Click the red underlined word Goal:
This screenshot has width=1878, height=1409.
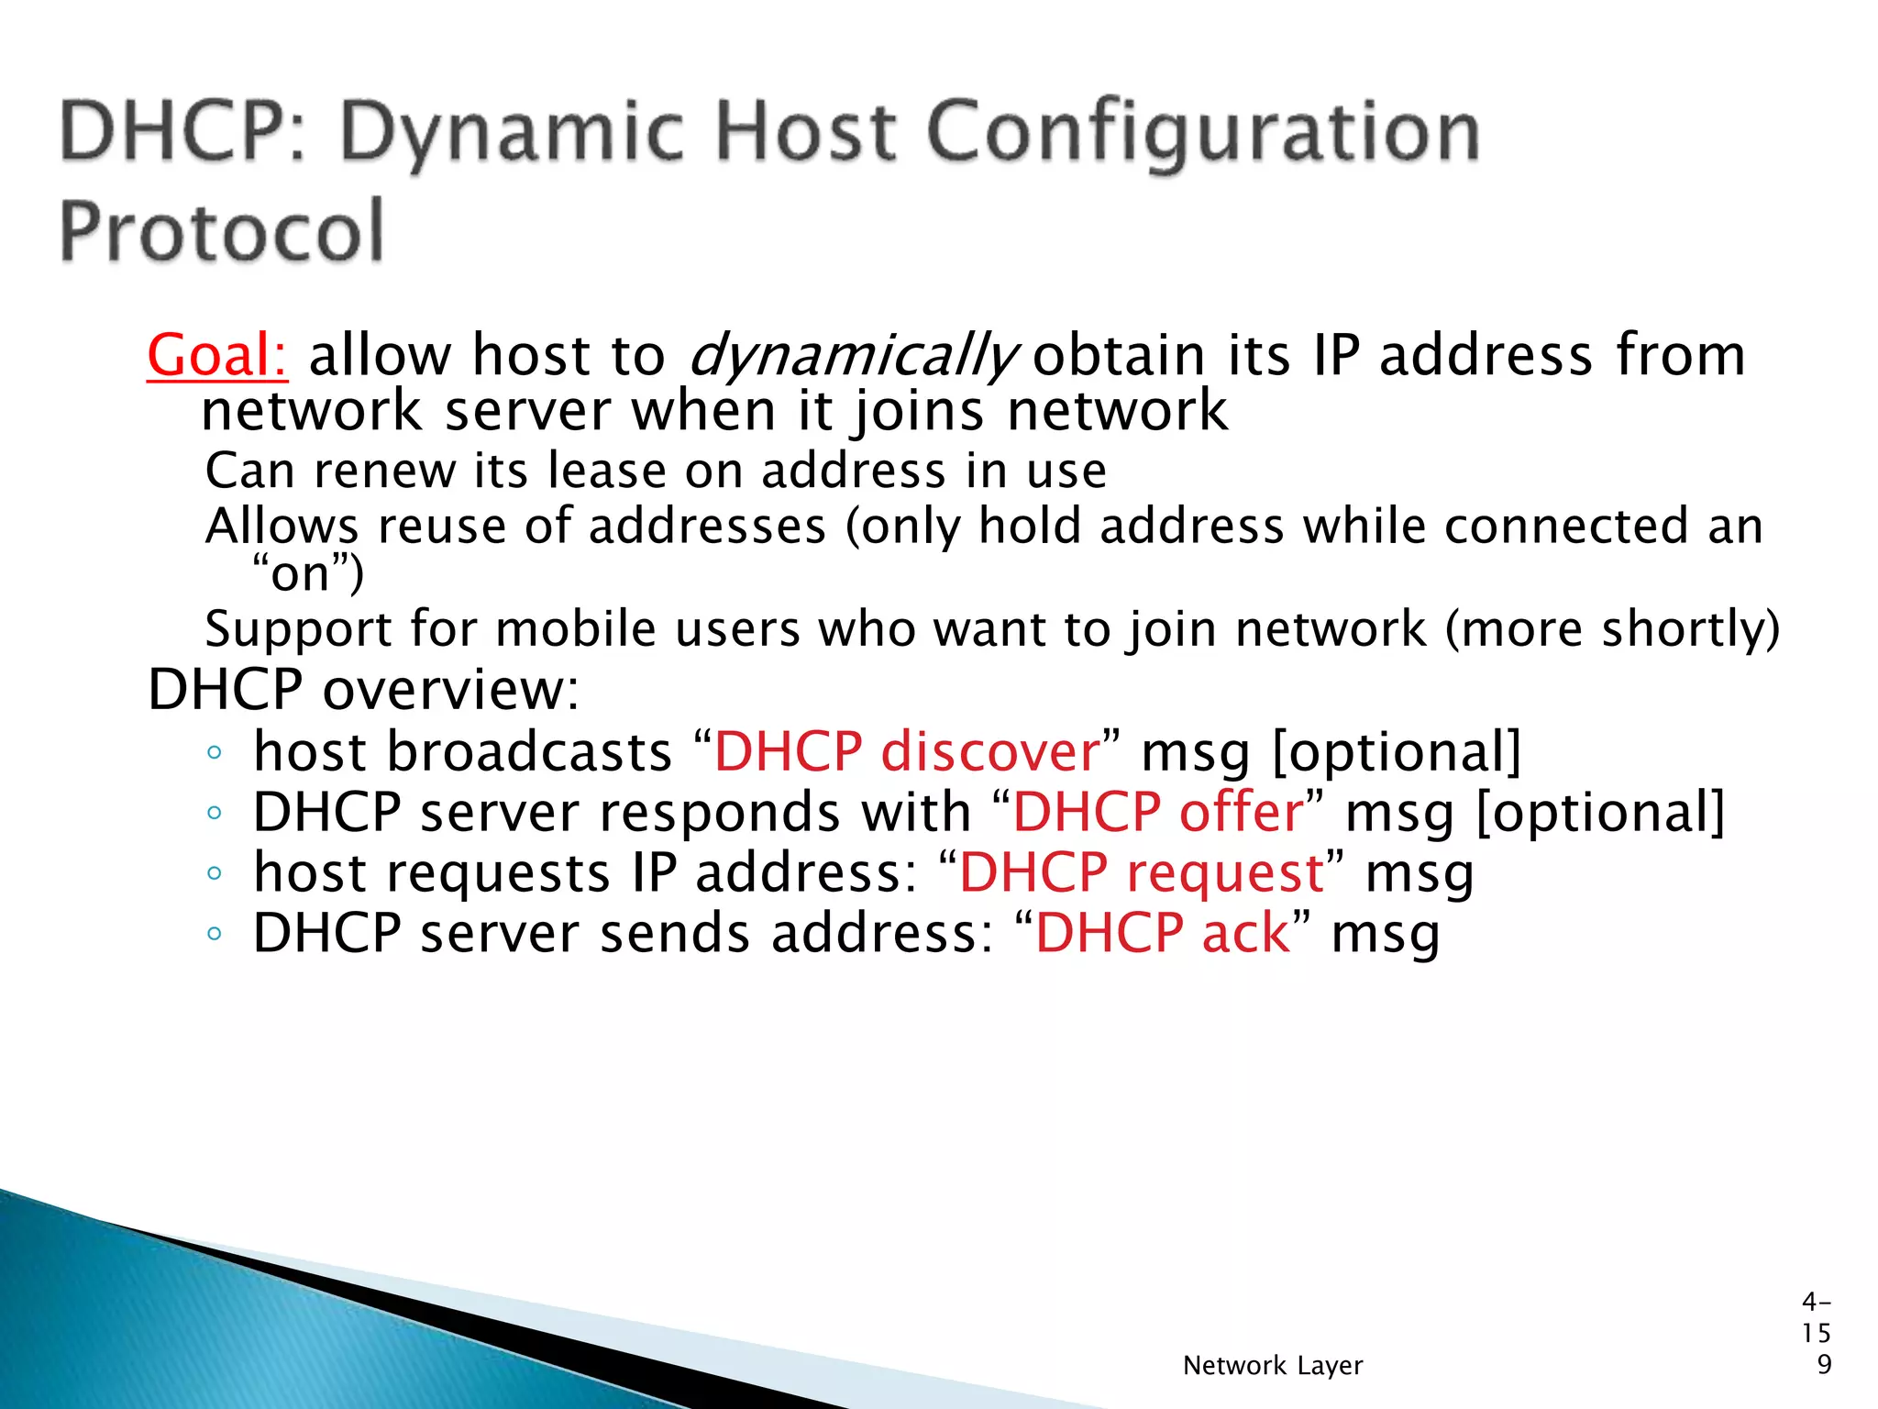pos(217,356)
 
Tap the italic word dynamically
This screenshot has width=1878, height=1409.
pos(851,356)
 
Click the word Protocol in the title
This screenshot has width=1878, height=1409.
pos(221,231)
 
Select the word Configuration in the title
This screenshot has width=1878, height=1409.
pos(1203,133)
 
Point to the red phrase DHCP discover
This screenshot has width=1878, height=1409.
pos(906,752)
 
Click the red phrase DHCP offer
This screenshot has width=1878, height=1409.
pos(1157,813)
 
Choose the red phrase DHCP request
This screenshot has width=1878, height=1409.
pos(1141,872)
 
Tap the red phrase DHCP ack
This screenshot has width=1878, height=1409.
pos(1162,934)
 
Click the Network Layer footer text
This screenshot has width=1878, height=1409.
pos(1273,1366)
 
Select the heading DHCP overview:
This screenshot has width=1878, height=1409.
pos(363,690)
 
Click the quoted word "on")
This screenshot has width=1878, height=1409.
pos(308,575)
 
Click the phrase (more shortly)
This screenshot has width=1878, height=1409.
pos(1611,630)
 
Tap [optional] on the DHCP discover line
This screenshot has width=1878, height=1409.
pos(1397,752)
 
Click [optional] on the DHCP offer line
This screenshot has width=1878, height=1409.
pos(1600,813)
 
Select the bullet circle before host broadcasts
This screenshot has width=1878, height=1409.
pos(214,753)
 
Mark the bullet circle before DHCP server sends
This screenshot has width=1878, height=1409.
pos(214,935)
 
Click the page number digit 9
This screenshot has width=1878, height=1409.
pos(1824,1365)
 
